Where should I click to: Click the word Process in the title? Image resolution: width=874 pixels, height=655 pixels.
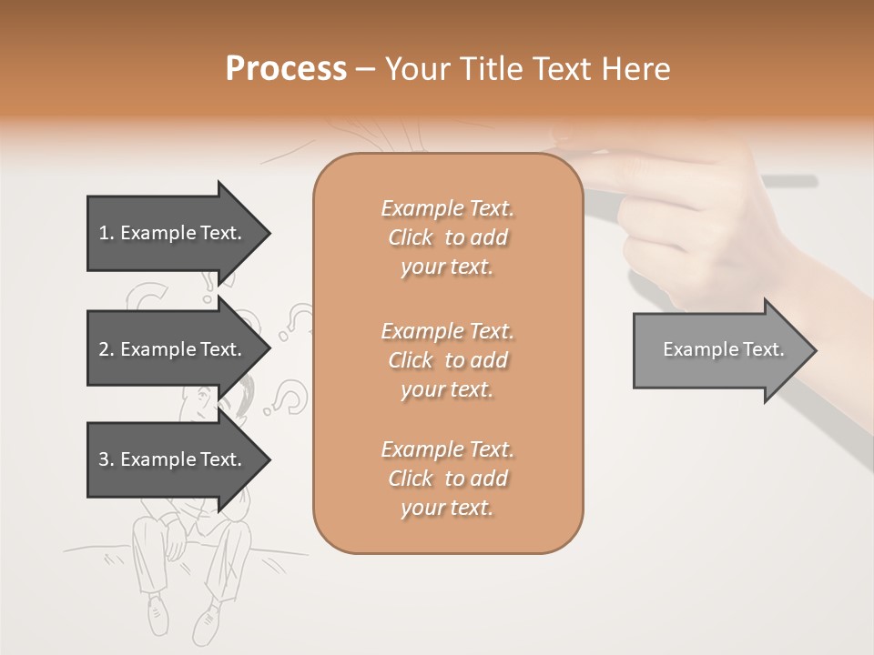click(x=286, y=69)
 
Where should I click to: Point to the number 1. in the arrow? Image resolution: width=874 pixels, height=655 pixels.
click(x=107, y=233)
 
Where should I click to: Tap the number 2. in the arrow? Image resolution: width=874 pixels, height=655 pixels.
click(x=107, y=349)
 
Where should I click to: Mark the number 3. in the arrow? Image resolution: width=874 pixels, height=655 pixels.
click(x=107, y=459)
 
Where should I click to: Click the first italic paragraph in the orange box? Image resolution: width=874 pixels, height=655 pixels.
click(x=448, y=237)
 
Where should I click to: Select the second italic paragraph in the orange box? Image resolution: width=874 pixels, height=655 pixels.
click(x=448, y=359)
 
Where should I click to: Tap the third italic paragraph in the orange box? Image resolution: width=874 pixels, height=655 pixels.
click(x=448, y=479)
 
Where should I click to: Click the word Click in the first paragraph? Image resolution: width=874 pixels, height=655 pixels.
click(x=411, y=237)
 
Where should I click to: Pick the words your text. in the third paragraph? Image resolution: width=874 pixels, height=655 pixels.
click(x=447, y=508)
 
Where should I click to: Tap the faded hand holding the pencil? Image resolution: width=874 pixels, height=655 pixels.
click(x=692, y=209)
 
